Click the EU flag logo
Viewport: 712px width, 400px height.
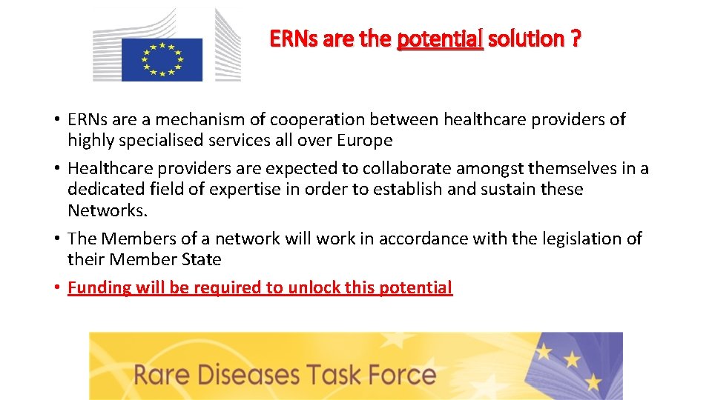click(162, 59)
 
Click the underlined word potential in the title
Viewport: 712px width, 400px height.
click(440, 39)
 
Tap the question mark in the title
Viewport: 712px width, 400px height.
click(576, 39)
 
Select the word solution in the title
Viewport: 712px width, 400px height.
click(526, 39)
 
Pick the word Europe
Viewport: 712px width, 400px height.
click(364, 140)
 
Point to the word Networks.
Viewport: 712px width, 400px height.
click(108, 210)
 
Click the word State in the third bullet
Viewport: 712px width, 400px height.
click(202, 259)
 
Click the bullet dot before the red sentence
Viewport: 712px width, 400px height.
click(56, 288)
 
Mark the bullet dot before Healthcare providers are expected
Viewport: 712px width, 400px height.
click(56, 169)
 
